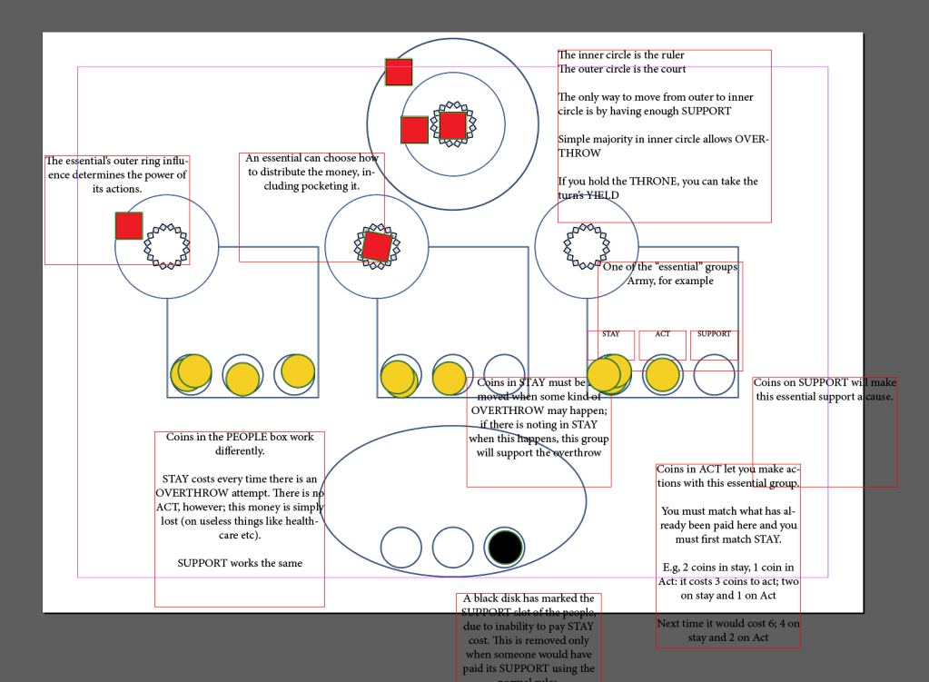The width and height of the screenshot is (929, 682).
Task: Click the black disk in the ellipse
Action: coord(505,547)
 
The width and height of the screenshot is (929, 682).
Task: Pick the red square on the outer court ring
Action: coord(399,72)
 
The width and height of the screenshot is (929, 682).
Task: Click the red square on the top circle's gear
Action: coord(452,125)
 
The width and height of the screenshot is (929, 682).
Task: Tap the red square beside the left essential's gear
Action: coord(129,225)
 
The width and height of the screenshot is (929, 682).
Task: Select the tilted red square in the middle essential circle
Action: coord(376,246)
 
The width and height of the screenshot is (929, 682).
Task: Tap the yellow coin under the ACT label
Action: coord(662,375)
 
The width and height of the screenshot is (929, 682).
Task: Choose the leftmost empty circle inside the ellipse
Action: coord(400,547)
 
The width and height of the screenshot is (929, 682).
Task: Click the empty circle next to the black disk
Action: coord(452,547)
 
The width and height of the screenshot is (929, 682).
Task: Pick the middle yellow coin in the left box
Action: coord(242,379)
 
